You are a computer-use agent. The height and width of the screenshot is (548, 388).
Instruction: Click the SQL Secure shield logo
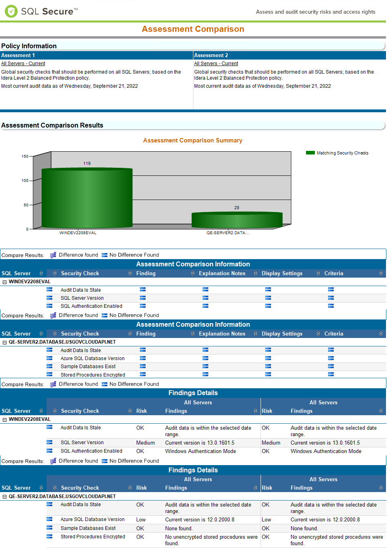pyautogui.click(x=11, y=11)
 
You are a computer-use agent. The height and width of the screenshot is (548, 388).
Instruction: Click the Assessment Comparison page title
pyautogui.click(x=193, y=29)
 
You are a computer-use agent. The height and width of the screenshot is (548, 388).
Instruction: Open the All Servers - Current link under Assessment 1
pyautogui.click(x=23, y=64)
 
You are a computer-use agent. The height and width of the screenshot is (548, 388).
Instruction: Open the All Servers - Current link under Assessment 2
pyautogui.click(x=216, y=64)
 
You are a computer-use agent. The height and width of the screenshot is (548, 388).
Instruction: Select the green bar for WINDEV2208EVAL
pyautogui.click(x=87, y=198)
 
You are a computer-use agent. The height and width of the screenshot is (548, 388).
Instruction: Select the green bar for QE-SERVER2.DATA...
pyautogui.click(x=237, y=220)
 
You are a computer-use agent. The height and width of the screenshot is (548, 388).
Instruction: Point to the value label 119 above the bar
pyautogui.click(x=87, y=163)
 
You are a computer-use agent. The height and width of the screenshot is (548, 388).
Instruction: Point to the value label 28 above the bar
pyautogui.click(x=237, y=208)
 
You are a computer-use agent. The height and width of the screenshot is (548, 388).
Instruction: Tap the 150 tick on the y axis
pyautogui.click(x=25, y=156)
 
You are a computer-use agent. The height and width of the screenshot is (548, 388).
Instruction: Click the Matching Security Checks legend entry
pyautogui.click(x=342, y=153)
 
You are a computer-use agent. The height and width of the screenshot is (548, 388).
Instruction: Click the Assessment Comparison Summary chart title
pyautogui.click(x=193, y=140)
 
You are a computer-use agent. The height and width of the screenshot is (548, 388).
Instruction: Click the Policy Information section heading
pyautogui.click(x=29, y=46)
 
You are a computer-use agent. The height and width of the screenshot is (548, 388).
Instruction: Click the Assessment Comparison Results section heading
pyautogui.click(x=52, y=125)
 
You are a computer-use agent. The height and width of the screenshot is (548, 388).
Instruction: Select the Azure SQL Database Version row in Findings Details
pyautogui.click(x=92, y=519)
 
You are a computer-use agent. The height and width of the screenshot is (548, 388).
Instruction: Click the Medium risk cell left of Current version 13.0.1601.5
pyautogui.click(x=145, y=443)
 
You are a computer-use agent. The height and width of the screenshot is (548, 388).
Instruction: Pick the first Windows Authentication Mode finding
pyautogui.click(x=200, y=451)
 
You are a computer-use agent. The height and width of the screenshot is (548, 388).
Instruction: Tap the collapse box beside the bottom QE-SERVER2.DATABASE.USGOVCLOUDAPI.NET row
pyautogui.click(x=5, y=496)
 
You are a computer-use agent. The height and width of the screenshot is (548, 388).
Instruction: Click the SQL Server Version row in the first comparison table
pyautogui.click(x=82, y=298)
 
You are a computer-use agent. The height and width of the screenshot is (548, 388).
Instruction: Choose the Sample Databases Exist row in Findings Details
pyautogui.click(x=88, y=528)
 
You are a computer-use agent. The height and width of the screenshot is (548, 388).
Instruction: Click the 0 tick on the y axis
pyautogui.click(x=27, y=229)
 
